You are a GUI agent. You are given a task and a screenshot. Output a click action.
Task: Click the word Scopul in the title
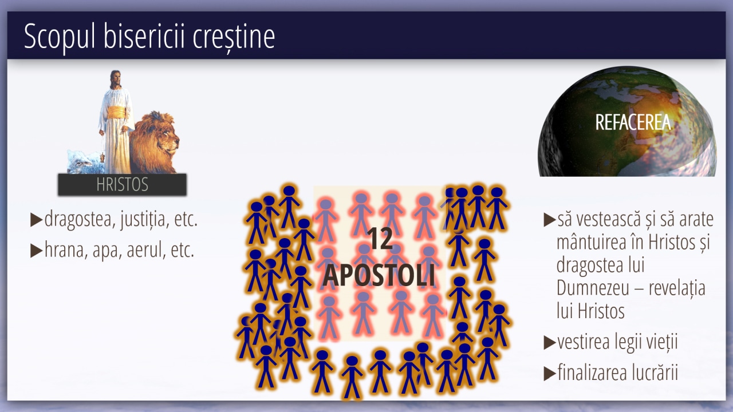(x=60, y=37)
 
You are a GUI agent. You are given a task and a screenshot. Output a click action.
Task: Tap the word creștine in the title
(x=234, y=37)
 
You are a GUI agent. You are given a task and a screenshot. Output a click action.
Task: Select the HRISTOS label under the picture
(x=123, y=184)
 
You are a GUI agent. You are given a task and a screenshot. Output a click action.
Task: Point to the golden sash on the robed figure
(x=116, y=112)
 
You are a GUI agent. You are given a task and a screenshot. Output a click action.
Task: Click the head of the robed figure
(x=115, y=78)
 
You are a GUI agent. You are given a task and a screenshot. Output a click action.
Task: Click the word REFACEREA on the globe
(x=633, y=122)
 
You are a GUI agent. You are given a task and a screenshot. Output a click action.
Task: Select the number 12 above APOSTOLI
(x=380, y=239)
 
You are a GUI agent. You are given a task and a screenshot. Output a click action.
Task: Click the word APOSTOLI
(x=379, y=275)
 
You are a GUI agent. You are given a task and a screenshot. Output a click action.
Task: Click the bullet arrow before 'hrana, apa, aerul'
(x=36, y=251)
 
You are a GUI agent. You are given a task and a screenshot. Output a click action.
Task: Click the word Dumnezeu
(x=593, y=288)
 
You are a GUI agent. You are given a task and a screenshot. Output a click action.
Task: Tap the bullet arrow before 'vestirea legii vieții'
(x=550, y=342)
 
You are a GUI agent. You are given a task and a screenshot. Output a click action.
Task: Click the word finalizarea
(x=590, y=373)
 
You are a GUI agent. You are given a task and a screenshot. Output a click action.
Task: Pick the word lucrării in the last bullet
(x=652, y=373)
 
